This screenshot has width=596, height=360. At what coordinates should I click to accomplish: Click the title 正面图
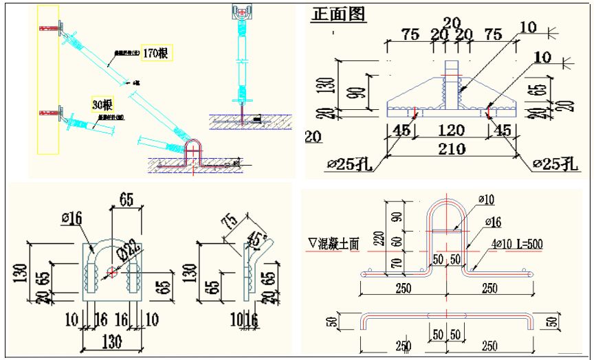pyautogui.click(x=338, y=14)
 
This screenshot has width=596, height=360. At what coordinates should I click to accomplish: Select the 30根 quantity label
pyautogui.click(x=102, y=104)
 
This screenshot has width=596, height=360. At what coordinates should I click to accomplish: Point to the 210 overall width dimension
pyautogui.click(x=452, y=148)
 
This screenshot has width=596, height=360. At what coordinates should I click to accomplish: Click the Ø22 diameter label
pyautogui.click(x=128, y=251)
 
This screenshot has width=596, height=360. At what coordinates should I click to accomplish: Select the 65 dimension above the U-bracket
pyautogui.click(x=126, y=201)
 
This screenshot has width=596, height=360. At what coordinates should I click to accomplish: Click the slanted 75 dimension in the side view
pyautogui.click(x=230, y=221)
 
